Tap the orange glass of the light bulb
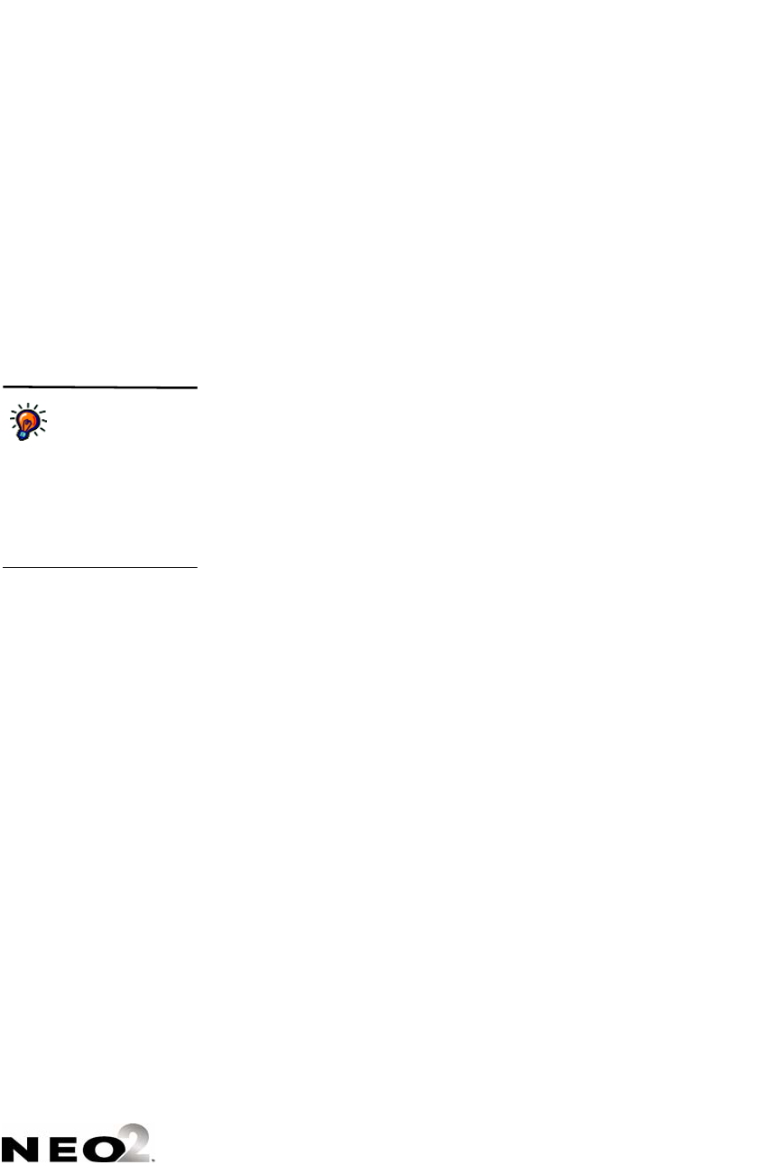[x=29, y=420]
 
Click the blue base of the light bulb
[x=22, y=434]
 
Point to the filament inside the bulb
[x=29, y=421]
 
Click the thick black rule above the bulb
[x=99, y=387]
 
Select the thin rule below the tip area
[x=99, y=568]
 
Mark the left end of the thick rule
[x=3, y=387]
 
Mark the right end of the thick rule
[x=196, y=387]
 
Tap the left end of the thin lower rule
[x=3, y=568]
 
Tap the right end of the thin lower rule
[x=196, y=568]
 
